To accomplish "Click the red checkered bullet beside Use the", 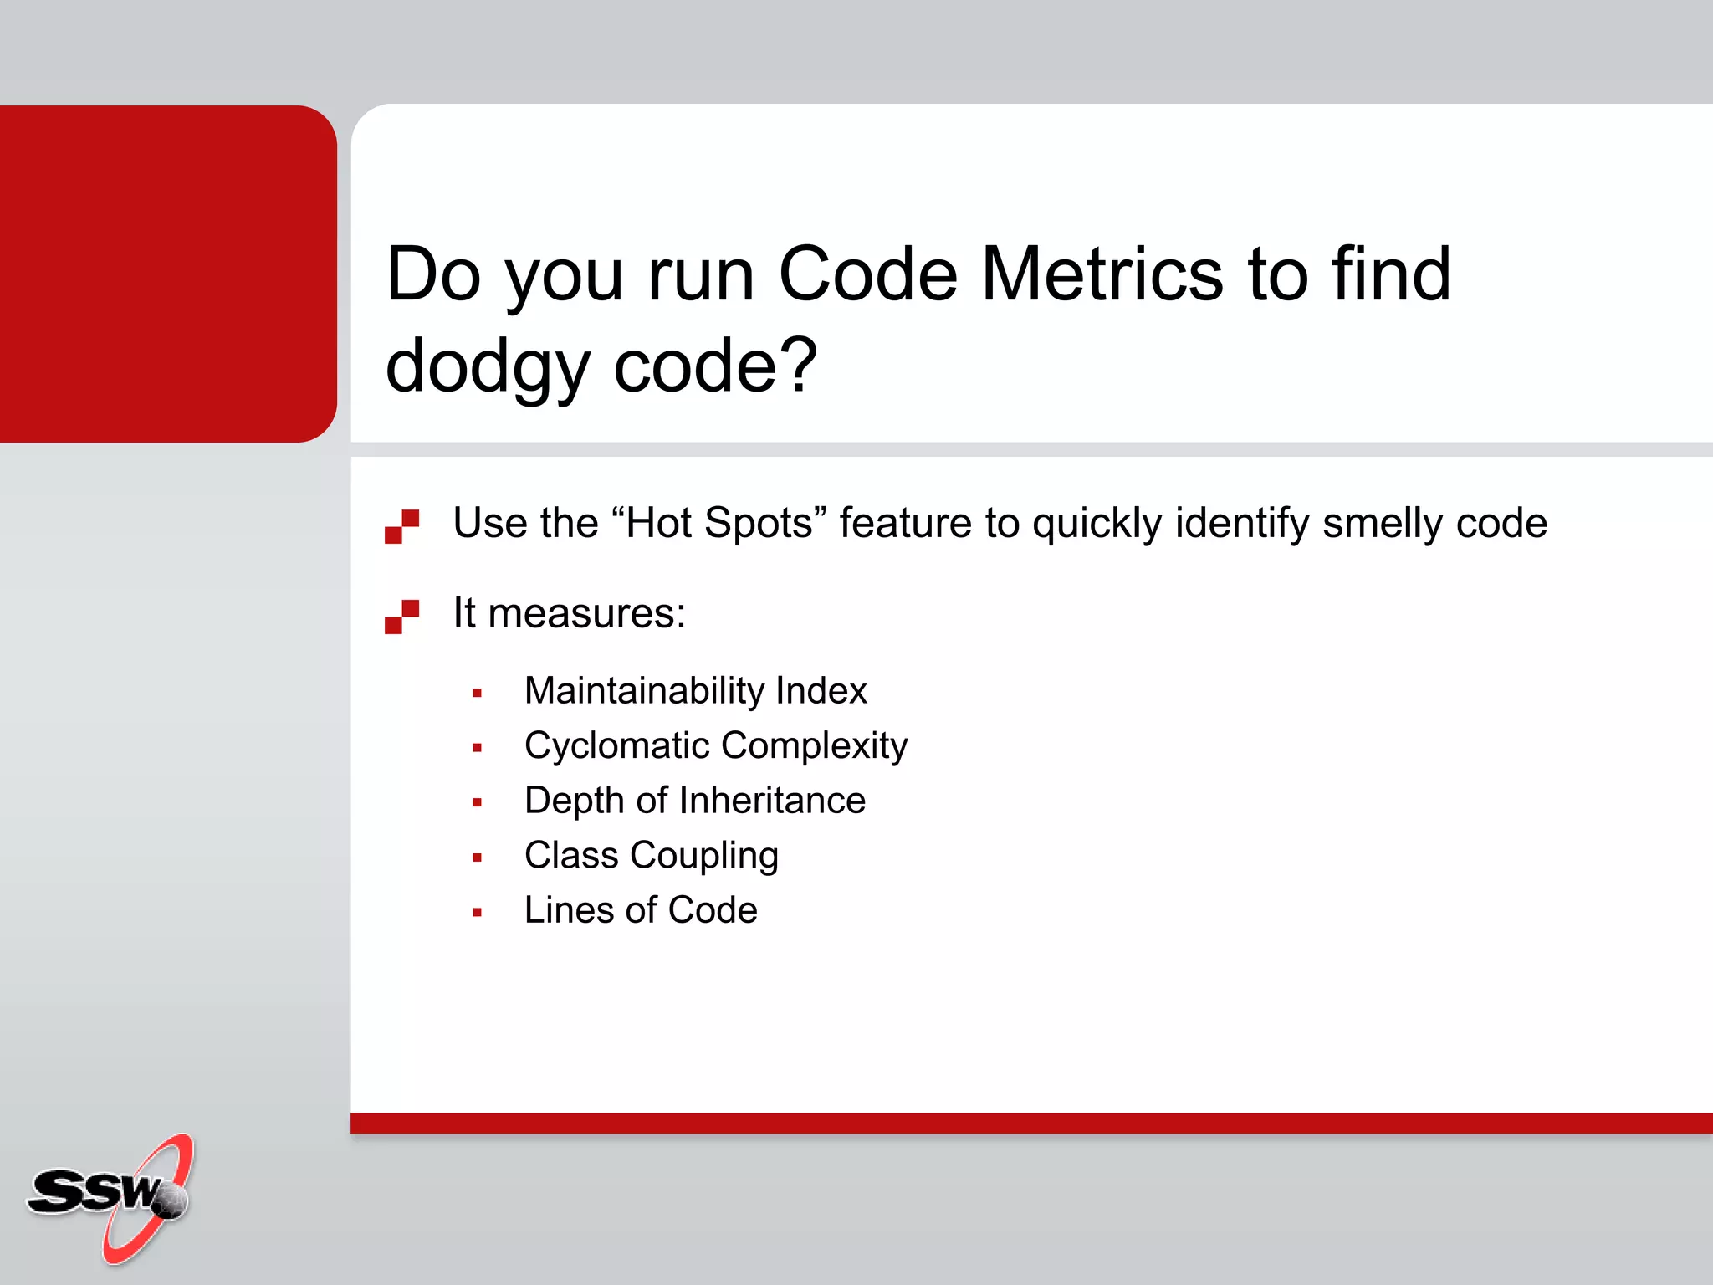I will (x=401, y=526).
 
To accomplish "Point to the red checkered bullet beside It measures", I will (x=401, y=617).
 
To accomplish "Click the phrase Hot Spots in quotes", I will (x=719, y=523).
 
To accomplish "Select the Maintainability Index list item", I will (x=695, y=691).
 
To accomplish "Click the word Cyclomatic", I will (x=616, y=745).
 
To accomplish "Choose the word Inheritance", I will (x=772, y=801).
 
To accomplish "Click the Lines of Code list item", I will (x=641, y=910).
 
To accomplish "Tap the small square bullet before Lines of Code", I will (x=477, y=913).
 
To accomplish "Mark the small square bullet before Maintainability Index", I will (x=477, y=694).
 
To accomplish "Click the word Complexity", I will (x=814, y=745).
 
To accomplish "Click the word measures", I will (x=586, y=613).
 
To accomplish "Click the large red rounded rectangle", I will (x=167, y=274).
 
